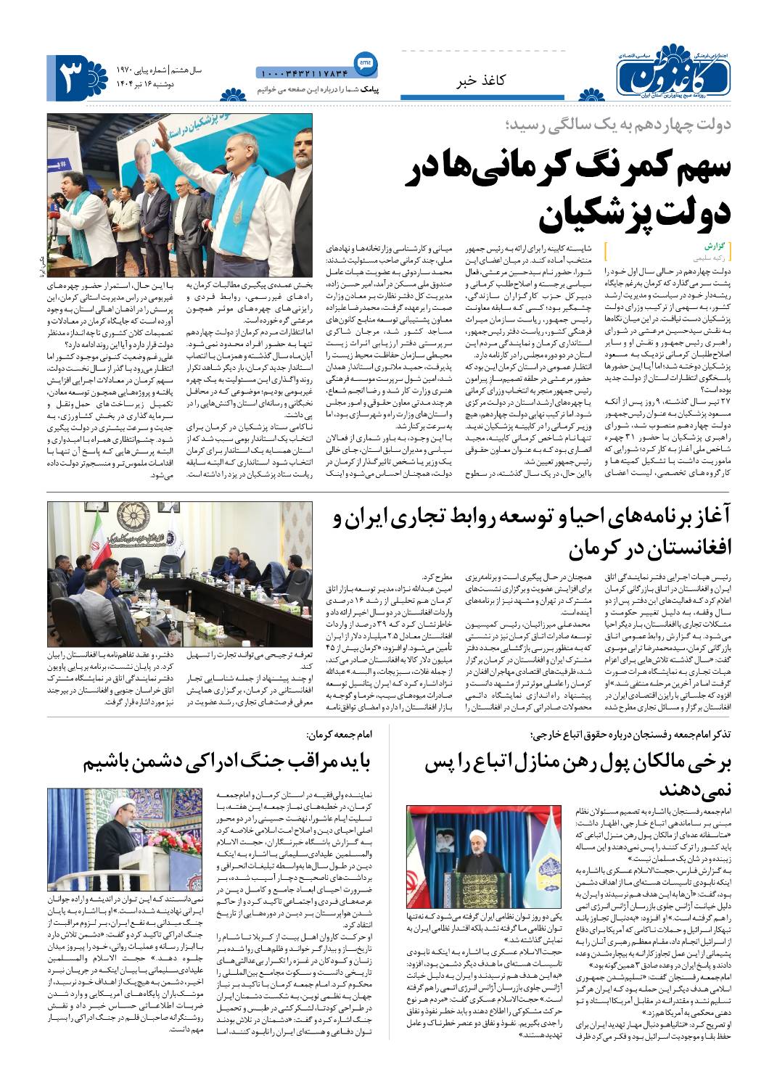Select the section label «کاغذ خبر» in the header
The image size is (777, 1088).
[x=479, y=80]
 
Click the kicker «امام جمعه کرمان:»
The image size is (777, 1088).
[x=339, y=735]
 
